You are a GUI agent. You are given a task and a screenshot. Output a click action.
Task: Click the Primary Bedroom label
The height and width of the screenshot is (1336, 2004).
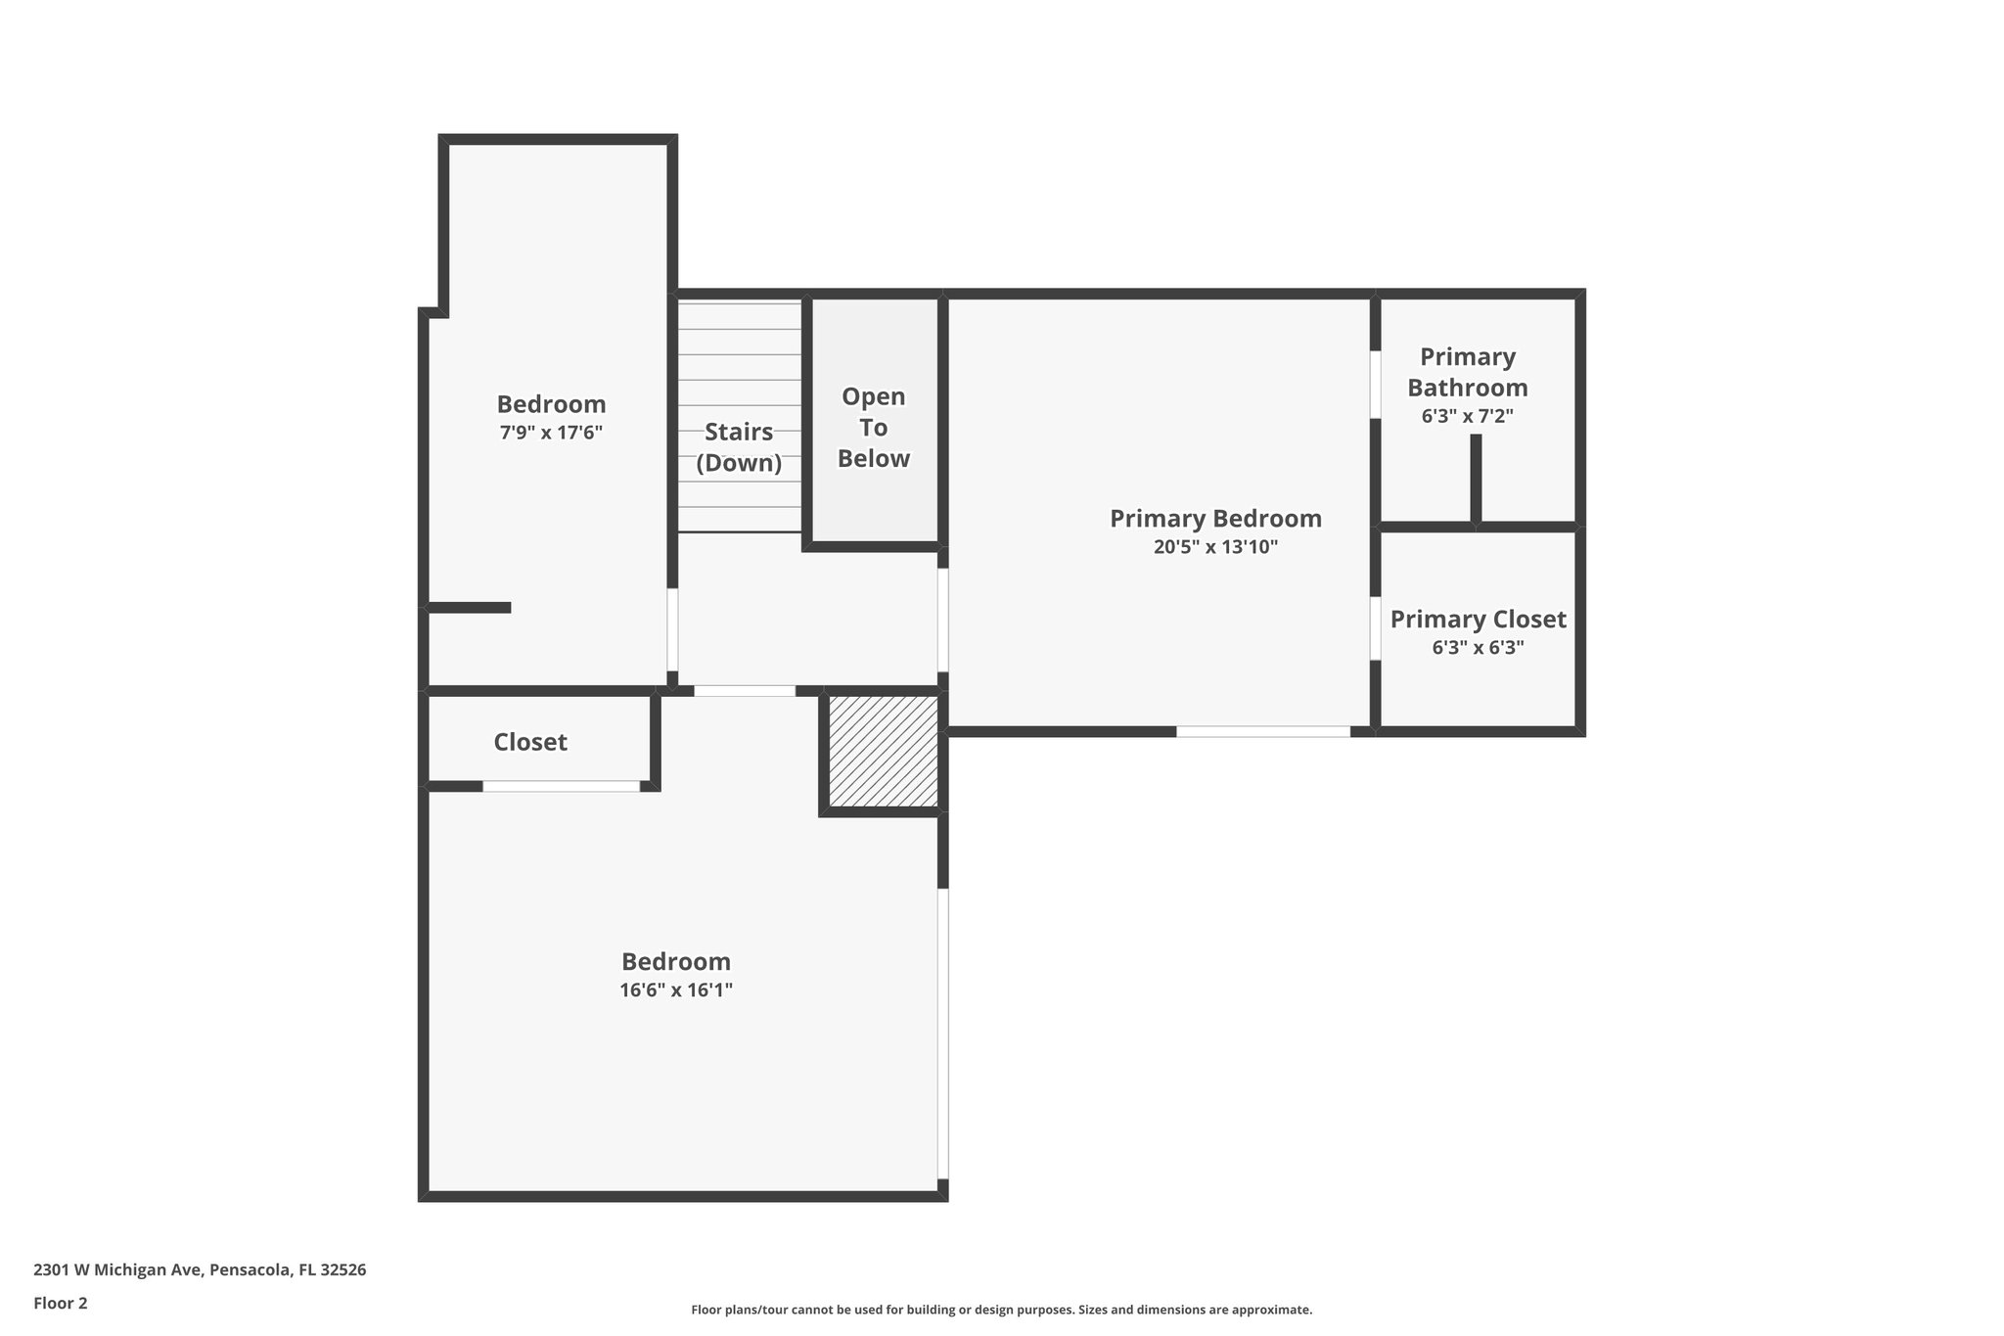click(x=1214, y=519)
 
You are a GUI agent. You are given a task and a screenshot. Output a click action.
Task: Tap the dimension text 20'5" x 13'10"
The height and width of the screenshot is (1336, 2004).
click(x=1214, y=547)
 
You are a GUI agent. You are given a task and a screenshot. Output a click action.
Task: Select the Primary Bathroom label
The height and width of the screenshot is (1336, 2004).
click(x=1467, y=372)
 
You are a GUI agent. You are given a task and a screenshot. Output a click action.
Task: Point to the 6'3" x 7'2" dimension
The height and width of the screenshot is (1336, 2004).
click(x=1467, y=416)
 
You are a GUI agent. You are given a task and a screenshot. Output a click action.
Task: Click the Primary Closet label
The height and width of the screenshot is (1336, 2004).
click(x=1478, y=620)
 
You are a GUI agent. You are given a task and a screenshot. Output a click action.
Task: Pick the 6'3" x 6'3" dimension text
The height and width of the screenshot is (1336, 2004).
click(x=1478, y=648)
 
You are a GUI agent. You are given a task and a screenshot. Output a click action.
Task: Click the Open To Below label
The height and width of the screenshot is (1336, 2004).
click(x=873, y=428)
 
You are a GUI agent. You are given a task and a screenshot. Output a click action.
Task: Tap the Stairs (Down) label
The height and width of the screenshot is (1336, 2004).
click(x=739, y=447)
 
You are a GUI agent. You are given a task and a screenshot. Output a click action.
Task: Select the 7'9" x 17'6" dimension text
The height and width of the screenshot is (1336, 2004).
click(x=551, y=433)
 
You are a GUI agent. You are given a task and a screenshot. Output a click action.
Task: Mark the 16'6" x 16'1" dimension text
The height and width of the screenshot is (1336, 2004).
click(x=675, y=990)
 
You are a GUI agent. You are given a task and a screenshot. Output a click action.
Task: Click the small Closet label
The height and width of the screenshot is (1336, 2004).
click(x=529, y=742)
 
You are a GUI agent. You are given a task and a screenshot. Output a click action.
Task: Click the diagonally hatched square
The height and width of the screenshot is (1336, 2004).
click(x=883, y=751)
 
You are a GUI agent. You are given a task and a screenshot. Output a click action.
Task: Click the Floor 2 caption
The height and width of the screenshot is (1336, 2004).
click(x=61, y=1303)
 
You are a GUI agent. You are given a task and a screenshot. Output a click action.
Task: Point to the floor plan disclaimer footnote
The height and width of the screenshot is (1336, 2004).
click(x=1001, y=1310)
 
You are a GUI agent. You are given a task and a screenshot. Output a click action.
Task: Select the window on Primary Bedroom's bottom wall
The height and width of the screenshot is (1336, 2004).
click(x=1262, y=731)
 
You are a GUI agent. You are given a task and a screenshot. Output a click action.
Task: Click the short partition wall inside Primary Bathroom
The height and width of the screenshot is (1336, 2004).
click(x=1476, y=478)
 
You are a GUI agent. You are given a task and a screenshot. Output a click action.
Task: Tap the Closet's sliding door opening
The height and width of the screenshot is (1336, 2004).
click(x=561, y=786)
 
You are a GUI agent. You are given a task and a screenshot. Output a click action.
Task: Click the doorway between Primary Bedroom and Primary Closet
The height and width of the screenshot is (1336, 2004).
click(x=1375, y=628)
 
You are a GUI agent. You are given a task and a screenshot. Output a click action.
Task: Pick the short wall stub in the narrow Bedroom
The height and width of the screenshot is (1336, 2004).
click(x=470, y=608)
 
